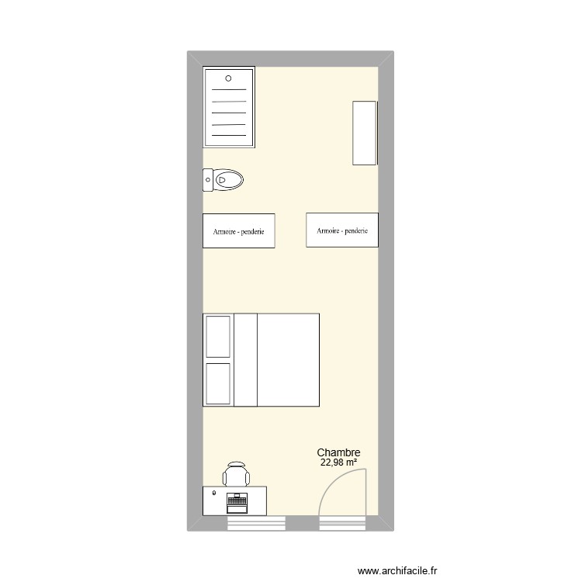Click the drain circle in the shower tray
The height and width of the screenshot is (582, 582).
click(228, 78)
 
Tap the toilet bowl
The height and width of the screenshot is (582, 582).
click(230, 181)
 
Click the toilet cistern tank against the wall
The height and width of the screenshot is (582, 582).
click(208, 180)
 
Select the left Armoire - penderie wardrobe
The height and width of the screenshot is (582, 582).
click(238, 231)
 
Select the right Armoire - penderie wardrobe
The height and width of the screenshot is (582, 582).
click(342, 230)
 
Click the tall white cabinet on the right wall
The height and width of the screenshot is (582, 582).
click(365, 132)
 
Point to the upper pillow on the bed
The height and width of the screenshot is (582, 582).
click(218, 336)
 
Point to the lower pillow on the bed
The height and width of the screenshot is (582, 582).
click(218, 383)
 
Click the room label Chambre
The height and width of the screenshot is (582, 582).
click(338, 453)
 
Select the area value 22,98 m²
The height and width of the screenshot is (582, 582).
click(338, 463)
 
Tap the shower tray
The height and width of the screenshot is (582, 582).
click(229, 109)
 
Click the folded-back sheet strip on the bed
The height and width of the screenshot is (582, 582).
click(245, 359)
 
